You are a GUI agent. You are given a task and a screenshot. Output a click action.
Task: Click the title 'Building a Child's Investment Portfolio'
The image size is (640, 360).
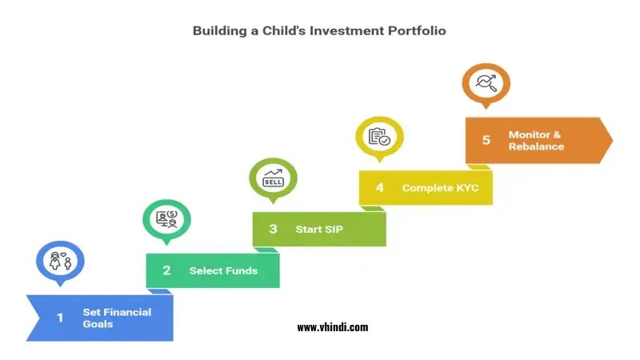319,31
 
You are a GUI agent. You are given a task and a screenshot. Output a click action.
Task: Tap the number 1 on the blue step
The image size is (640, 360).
59,318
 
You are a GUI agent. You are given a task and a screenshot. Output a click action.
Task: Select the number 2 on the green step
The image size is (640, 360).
166,270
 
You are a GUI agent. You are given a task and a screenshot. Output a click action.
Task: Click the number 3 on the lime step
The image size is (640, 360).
273,229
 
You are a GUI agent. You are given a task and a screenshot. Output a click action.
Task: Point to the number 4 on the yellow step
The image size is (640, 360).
380,188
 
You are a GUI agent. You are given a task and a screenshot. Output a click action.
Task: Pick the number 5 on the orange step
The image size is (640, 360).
486,140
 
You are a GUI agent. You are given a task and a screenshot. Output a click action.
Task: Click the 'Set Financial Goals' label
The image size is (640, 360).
117,318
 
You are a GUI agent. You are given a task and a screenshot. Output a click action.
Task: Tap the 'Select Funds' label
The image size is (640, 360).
223,270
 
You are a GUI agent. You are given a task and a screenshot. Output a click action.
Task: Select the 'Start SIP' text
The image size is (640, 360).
319,229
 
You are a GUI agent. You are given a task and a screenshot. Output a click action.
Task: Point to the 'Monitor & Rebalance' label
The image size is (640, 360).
536,140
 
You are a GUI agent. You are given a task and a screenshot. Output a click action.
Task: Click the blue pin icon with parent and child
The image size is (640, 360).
60,261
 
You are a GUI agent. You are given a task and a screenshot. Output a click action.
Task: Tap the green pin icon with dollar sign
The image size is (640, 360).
166,218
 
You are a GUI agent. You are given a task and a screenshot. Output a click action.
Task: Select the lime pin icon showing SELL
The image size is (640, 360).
273,177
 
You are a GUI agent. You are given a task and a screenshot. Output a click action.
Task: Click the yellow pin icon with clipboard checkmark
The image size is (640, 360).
379,137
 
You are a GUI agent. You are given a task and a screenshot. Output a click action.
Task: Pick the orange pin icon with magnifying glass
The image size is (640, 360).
486,82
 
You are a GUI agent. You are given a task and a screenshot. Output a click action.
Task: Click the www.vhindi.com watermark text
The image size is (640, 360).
332,327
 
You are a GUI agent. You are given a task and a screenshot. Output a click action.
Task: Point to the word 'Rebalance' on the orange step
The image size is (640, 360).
536,146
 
